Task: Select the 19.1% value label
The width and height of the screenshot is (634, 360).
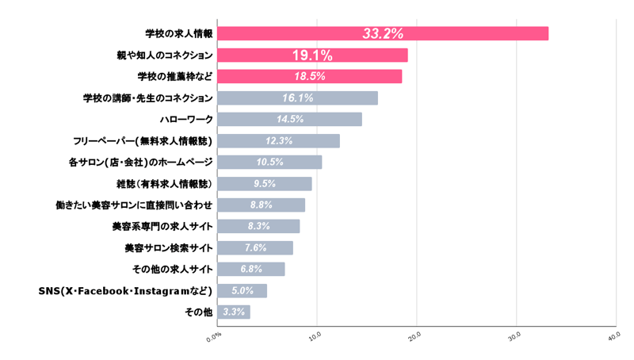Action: coord(312,55)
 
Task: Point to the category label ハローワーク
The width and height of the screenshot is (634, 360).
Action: coord(186,120)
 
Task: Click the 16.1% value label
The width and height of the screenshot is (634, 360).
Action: coord(298,98)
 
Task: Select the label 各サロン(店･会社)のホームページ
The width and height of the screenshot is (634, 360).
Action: coord(141,163)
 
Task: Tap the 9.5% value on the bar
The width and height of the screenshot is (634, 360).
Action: coord(265,184)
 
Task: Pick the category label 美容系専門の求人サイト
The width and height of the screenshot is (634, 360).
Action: coord(162,227)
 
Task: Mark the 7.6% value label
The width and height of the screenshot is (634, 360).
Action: coord(256,248)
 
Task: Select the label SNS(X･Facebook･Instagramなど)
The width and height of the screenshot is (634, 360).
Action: coord(126,291)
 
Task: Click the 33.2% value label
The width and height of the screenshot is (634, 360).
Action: coord(383,33)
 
